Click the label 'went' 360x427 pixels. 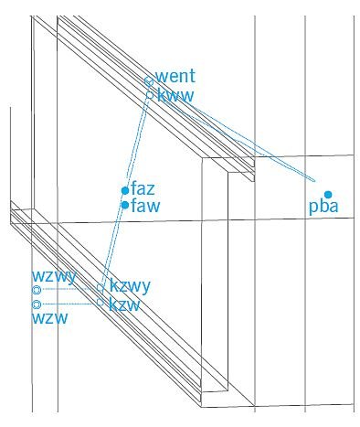point(175,76)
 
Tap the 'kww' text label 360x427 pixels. point(175,95)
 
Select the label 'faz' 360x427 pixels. point(143,188)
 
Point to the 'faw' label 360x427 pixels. point(145,206)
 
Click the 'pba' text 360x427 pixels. point(323,208)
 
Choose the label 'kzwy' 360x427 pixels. point(130,286)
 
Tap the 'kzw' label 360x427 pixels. point(124,304)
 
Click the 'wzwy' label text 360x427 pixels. point(54,277)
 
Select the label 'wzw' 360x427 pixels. point(49,318)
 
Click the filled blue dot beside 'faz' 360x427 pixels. point(125,190)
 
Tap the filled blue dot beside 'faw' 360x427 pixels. point(125,205)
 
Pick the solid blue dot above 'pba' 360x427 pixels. point(328,194)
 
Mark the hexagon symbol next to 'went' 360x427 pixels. point(149,81)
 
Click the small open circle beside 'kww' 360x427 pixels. point(150,94)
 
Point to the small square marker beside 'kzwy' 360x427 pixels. point(100,287)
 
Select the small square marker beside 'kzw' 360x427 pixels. point(100,302)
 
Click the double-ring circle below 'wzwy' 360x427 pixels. point(37,290)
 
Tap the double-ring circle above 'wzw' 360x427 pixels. point(37,304)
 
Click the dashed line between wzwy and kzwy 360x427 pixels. point(69,289)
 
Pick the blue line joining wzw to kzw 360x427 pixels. point(69,304)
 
